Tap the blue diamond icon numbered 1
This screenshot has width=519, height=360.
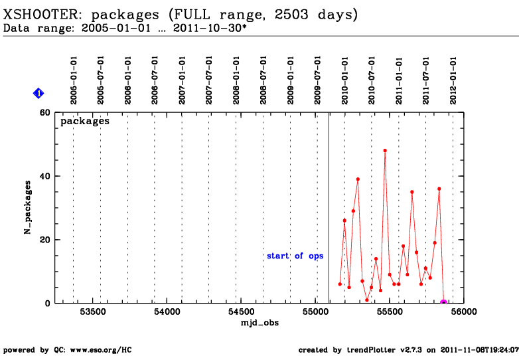[38, 94]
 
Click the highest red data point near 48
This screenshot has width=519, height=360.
[385, 151]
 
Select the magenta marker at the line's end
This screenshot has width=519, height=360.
[443, 303]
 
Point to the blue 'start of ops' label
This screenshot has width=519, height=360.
[295, 256]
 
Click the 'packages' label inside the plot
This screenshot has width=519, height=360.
[85, 122]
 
